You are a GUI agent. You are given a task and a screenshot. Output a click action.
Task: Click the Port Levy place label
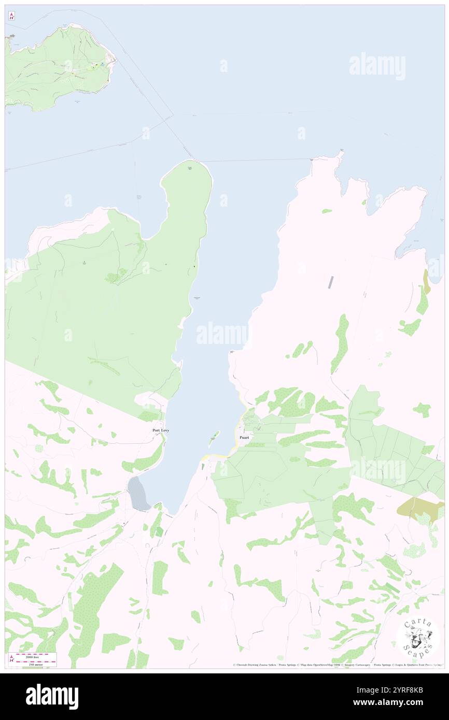[160, 430]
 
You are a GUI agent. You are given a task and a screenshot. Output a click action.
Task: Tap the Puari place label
[244, 438]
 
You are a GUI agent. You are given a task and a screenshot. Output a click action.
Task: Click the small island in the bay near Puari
[214, 436]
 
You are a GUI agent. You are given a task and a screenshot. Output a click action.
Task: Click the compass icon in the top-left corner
[11, 16]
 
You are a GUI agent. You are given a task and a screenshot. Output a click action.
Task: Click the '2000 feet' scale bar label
[35, 655]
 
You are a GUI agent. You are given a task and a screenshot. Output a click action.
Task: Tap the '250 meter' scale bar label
[35, 664]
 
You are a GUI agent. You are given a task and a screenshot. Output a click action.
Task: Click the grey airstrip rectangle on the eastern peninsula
[331, 282]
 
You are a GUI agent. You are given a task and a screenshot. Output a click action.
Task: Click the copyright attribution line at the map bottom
[337, 665]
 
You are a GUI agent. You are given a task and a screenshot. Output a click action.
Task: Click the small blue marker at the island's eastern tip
[102, 63]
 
